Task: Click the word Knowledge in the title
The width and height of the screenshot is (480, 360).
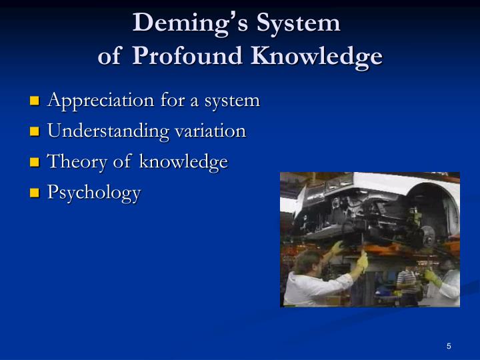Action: (317, 57)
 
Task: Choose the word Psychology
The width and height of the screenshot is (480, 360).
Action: (94, 193)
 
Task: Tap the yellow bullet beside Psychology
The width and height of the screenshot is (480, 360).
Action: (35, 194)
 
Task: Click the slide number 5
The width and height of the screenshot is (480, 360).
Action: (449, 346)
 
